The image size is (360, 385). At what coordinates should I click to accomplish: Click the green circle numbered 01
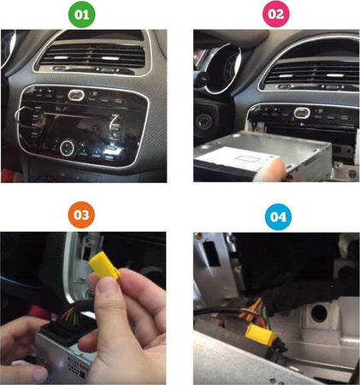tap(82, 15)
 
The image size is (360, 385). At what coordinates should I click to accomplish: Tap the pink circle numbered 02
tap(276, 14)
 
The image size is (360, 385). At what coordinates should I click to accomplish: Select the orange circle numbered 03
tap(81, 215)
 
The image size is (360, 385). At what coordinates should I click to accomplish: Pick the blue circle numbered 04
tap(278, 217)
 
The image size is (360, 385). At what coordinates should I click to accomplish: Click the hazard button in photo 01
tap(76, 95)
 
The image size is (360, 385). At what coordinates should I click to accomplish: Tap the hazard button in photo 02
tap(302, 113)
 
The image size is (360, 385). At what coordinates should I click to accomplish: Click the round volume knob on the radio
tap(68, 147)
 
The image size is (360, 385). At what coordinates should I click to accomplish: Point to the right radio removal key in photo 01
tap(116, 124)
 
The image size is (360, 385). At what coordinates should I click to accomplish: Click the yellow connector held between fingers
tap(104, 264)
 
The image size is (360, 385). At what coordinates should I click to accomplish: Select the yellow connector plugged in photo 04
tap(261, 335)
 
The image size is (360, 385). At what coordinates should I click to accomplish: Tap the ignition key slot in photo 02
tap(204, 121)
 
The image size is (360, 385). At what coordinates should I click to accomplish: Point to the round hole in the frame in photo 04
tap(319, 312)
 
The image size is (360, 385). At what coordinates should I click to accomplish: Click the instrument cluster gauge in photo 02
tap(221, 68)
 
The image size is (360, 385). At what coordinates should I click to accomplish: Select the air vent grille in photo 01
tap(92, 56)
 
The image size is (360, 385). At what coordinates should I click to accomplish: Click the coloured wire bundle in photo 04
tap(257, 312)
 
